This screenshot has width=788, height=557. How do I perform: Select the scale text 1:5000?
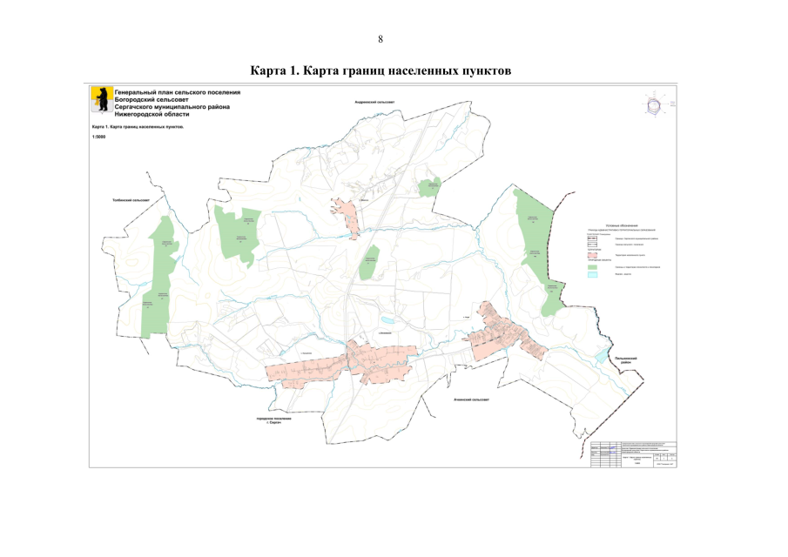pos(99,137)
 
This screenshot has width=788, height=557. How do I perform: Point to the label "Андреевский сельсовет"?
pos(374,103)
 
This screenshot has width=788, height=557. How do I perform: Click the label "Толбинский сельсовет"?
pos(131,201)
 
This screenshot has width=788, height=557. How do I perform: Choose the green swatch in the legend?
pos(593,265)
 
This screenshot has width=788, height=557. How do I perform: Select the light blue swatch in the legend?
pos(593,275)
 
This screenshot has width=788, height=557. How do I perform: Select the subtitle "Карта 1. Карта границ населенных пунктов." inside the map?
pos(144,127)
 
